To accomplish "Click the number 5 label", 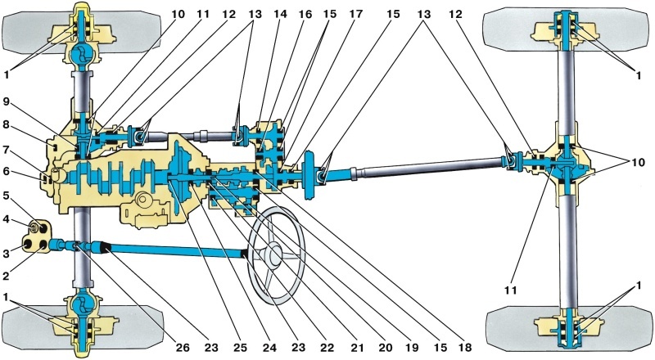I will pos(7,196).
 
